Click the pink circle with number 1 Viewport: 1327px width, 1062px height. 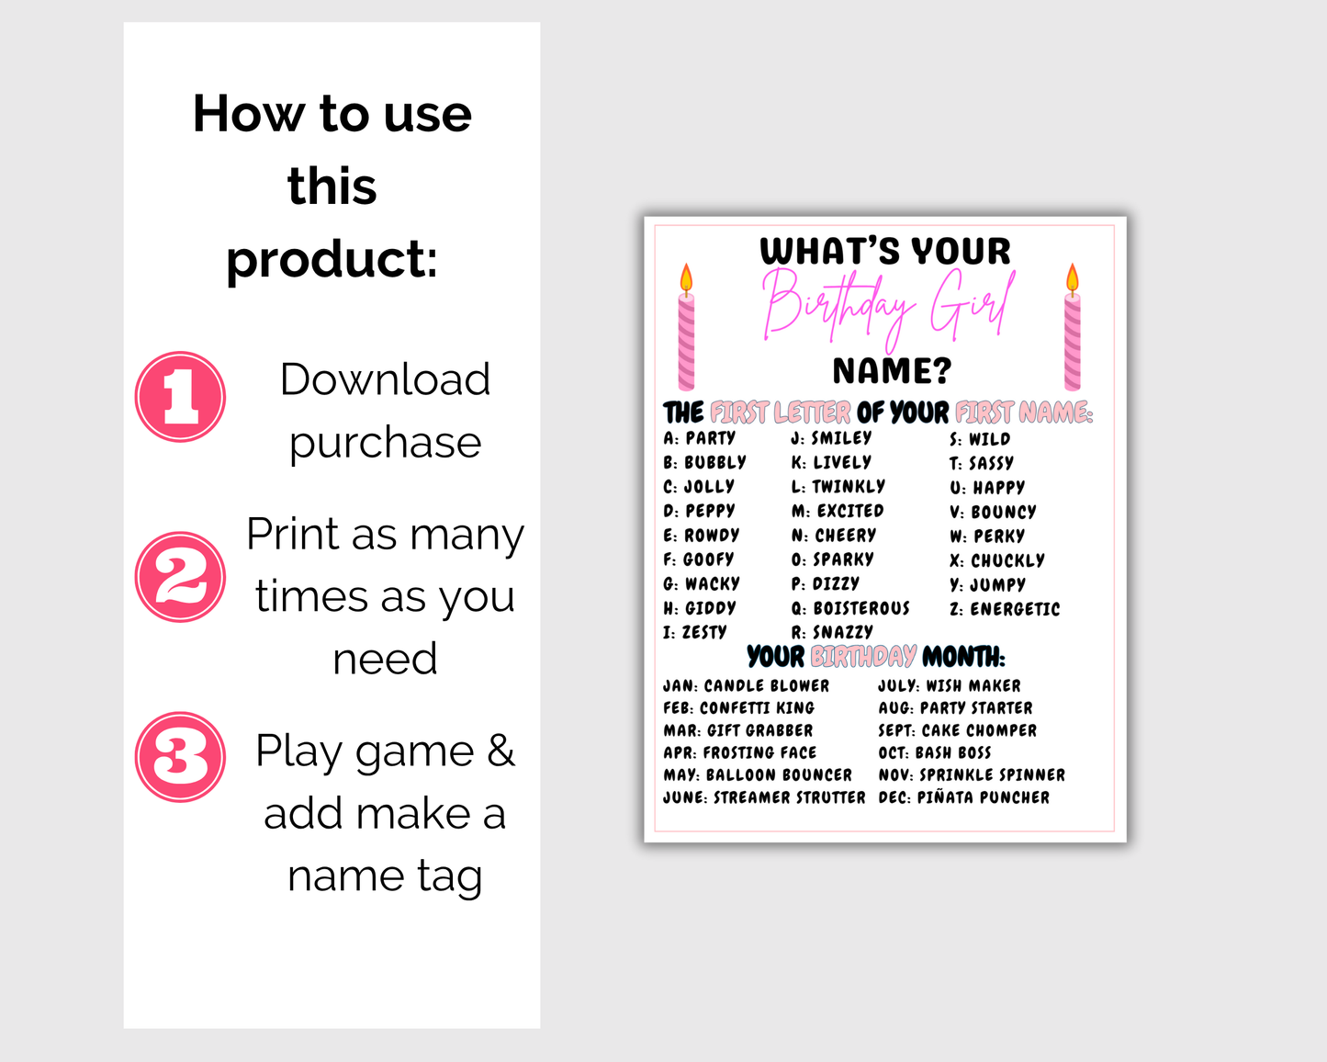coord(180,397)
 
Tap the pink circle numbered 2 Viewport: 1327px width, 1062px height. coord(180,577)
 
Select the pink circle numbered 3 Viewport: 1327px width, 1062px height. coord(180,757)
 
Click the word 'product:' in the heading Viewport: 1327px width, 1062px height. coord(332,260)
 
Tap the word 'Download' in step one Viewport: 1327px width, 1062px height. coord(386,378)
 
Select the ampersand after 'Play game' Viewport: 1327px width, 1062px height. coord(500,751)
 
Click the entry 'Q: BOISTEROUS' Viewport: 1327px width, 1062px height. coord(850,608)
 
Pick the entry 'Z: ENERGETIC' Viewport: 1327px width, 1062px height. coord(1005,609)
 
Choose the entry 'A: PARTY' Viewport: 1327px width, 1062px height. coord(699,438)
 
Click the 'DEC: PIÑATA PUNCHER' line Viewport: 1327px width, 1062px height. coord(964,797)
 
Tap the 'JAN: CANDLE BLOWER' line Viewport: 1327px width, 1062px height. coord(746,685)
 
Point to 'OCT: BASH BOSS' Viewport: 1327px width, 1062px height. coord(935,752)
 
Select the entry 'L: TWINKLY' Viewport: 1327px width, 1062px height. coord(838,486)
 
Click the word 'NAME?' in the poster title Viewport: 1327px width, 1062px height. coord(893,371)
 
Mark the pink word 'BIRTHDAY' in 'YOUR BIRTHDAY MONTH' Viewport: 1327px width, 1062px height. coord(863,657)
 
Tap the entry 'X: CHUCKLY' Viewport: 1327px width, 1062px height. coord(997,560)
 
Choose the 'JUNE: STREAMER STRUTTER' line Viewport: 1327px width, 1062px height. coord(765,797)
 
